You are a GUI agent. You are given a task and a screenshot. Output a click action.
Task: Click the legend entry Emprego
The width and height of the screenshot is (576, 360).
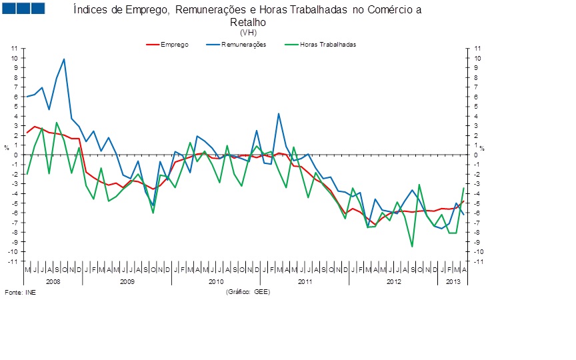[x=174, y=45]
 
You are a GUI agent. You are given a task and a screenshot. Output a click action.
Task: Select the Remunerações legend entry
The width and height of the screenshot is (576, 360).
[x=244, y=45]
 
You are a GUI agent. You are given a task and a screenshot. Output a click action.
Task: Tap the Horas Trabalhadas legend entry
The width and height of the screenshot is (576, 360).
[x=327, y=45]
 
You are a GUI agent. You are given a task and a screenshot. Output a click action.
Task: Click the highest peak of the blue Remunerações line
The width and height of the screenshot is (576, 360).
[x=64, y=59]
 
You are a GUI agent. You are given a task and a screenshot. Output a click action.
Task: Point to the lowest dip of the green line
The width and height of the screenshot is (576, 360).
[x=412, y=247]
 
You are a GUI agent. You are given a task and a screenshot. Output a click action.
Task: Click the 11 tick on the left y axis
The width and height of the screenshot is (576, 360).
[x=14, y=49]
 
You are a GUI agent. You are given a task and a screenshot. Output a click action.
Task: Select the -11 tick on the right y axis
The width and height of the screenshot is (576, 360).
[x=477, y=261]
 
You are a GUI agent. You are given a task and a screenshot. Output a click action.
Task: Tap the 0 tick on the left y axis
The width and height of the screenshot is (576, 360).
[x=15, y=155]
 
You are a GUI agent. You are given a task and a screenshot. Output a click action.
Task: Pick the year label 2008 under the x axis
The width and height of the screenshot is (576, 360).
[x=53, y=282]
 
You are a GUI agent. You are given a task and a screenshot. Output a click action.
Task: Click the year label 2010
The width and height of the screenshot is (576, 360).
[x=215, y=282]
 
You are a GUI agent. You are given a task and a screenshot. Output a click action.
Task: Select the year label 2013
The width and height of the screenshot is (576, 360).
[x=453, y=282]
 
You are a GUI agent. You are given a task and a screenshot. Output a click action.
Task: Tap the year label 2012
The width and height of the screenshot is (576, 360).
[x=394, y=282]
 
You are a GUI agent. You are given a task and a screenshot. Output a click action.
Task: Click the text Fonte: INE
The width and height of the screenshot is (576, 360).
[x=21, y=292]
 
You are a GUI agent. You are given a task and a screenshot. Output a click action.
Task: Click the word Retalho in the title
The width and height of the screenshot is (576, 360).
[x=247, y=21]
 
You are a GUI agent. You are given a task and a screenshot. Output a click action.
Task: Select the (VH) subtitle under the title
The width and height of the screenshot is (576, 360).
[x=247, y=31]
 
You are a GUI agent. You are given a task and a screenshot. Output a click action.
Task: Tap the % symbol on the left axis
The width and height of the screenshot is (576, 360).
[x=7, y=147]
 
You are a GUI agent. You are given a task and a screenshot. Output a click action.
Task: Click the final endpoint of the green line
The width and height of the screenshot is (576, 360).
[x=463, y=189]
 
